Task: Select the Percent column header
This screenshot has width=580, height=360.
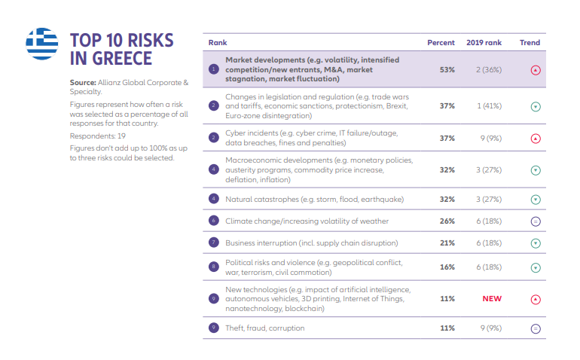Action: (441, 43)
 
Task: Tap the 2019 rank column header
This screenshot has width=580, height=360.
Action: (484, 43)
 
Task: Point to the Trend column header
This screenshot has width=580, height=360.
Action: (530, 43)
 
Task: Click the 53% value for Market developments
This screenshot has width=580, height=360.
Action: (447, 69)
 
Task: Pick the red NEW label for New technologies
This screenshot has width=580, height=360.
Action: (492, 299)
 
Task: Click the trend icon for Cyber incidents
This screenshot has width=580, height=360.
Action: (536, 139)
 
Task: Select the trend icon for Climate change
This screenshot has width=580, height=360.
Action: (536, 221)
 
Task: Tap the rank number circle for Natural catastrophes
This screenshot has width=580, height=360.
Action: (214, 200)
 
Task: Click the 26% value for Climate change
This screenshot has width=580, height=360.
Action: (447, 221)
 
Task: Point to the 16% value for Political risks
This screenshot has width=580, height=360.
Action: (447, 267)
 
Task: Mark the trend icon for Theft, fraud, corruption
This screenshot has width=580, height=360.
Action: (536, 329)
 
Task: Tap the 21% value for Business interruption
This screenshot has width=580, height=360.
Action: (447, 243)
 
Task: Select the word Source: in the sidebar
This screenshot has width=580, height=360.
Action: (83, 81)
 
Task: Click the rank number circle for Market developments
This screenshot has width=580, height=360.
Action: (214, 69)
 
